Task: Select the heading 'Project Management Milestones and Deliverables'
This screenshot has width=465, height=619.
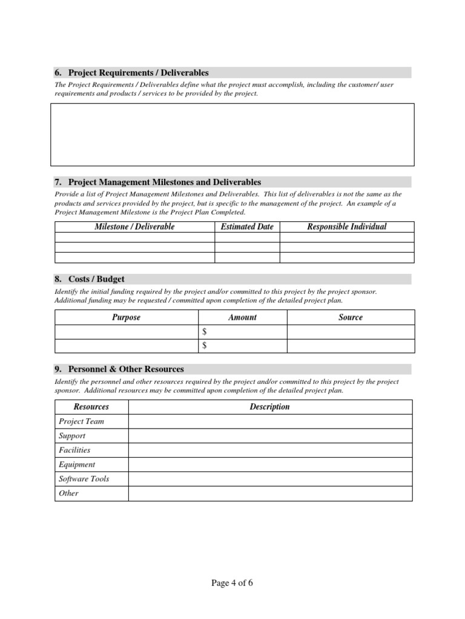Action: click(165, 182)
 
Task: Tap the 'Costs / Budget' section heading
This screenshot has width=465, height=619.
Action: click(96, 279)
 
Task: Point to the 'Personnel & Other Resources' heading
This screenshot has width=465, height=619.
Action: click(126, 369)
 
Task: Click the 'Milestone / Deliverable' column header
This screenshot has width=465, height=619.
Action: click(134, 227)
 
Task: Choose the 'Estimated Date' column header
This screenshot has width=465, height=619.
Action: click(247, 227)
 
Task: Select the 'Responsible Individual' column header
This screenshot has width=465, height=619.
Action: click(347, 227)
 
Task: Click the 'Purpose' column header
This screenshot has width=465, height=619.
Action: click(126, 317)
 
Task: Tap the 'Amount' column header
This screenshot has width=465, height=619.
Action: click(242, 317)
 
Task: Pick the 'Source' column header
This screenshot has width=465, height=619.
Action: click(351, 317)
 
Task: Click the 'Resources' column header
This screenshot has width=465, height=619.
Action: click(91, 407)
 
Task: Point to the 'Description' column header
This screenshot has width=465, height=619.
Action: click(269, 407)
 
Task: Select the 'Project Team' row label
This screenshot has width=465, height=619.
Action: click(81, 421)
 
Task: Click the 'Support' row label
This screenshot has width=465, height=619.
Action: click(72, 436)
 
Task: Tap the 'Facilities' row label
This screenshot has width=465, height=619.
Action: click(74, 450)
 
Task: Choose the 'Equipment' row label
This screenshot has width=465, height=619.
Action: click(77, 465)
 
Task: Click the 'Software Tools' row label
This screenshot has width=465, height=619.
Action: click(84, 479)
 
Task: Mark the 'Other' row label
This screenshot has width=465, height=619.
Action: click(69, 493)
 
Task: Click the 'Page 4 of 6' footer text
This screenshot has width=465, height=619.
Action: click(232, 583)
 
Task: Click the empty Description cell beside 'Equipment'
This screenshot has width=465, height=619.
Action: click(270, 465)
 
